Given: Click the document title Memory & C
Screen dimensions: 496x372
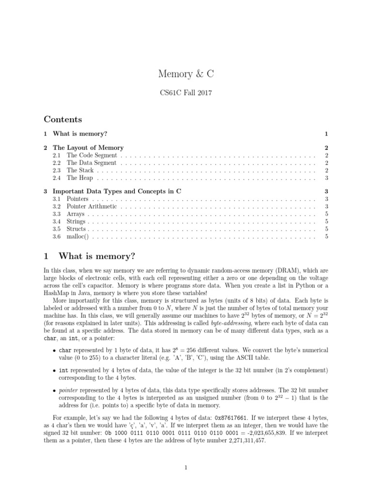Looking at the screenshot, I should [x=186, y=74].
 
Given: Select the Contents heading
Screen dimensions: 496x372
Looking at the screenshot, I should [x=62, y=119].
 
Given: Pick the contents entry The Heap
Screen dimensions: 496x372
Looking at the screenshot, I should [x=79, y=178].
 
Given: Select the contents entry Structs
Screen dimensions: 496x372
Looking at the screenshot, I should [x=76, y=229].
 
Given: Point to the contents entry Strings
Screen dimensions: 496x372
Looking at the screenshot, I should [x=76, y=221].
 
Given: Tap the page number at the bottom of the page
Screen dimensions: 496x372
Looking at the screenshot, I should [x=186, y=467].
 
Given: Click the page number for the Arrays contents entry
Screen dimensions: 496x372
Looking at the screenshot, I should [x=327, y=214].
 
